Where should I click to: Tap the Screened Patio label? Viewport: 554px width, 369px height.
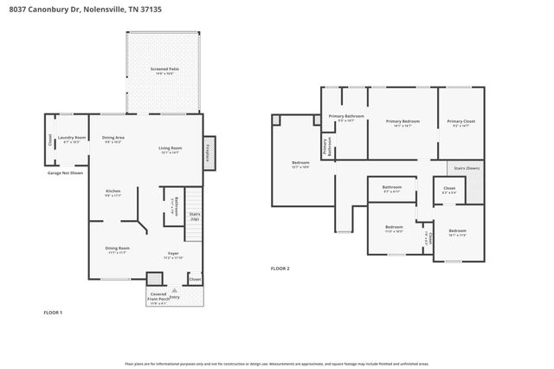164,69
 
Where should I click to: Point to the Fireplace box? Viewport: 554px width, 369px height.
208,149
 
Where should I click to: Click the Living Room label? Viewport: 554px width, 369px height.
170,149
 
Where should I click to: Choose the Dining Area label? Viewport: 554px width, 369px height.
113,139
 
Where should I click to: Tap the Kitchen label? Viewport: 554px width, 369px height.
113,191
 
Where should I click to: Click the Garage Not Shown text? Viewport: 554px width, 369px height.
65,172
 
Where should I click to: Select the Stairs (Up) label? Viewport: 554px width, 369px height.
195,216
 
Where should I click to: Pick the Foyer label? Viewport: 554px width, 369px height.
173,254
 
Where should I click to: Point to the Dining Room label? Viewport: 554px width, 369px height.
117,249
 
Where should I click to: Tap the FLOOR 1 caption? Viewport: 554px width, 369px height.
53,311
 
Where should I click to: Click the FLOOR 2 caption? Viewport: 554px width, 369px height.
280,269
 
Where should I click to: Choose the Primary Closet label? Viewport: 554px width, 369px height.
461,122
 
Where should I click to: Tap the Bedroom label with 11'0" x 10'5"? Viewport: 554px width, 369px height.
393,229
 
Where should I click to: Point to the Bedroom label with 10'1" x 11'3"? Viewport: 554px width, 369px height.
456,231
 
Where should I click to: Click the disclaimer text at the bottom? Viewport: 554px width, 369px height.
277,364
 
